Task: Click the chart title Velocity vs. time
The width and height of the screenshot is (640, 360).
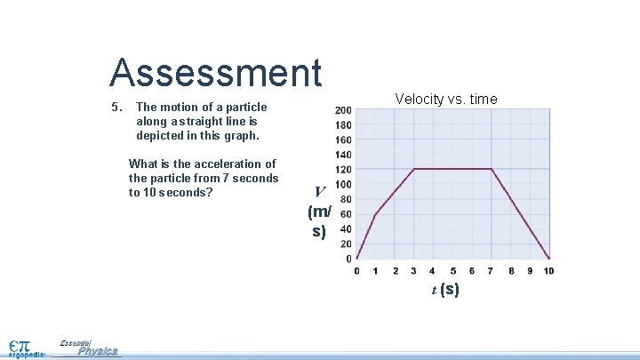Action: [x=446, y=99]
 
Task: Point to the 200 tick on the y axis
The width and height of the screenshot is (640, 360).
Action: [x=342, y=110]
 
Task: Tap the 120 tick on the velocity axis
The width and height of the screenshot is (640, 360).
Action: [x=342, y=169]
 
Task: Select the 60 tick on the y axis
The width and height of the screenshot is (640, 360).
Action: [x=345, y=214]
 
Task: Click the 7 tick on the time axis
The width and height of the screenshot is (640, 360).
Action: [x=491, y=271]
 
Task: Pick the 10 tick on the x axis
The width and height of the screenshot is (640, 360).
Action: [x=548, y=271]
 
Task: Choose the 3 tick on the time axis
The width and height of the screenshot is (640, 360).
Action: [x=414, y=271]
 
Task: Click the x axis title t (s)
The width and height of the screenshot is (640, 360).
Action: [x=445, y=289]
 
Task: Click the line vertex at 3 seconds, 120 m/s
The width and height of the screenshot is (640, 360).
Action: [x=414, y=169]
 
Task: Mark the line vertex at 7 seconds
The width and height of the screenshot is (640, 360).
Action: [x=491, y=169]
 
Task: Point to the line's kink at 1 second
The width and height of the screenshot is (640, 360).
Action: [x=376, y=214]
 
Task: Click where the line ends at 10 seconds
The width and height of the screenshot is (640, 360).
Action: [x=548, y=259]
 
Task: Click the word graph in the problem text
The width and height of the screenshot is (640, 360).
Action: [x=241, y=136]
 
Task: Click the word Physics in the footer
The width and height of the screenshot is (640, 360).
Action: [x=97, y=351]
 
